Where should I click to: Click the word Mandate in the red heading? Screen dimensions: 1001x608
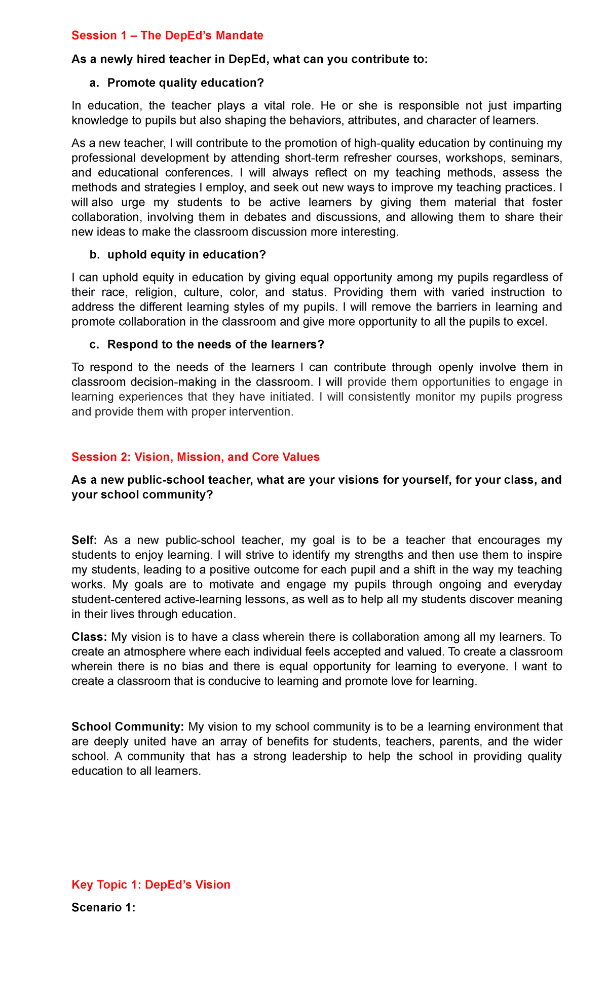pyautogui.click(x=239, y=35)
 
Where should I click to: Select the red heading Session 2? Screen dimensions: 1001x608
pyautogui.click(x=195, y=457)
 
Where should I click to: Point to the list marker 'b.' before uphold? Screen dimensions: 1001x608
pyautogui.click(x=95, y=255)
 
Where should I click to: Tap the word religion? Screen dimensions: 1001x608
pyautogui.click(x=155, y=292)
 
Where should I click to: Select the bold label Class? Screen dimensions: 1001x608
pyautogui.click(x=89, y=637)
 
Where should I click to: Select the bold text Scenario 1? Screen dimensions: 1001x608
pyautogui.click(x=103, y=907)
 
